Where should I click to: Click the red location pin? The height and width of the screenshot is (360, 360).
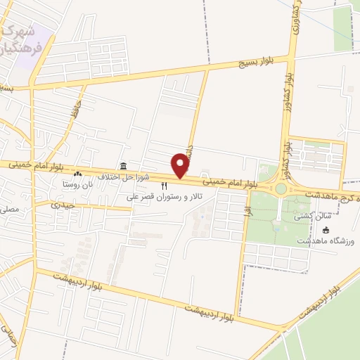tap(181, 166)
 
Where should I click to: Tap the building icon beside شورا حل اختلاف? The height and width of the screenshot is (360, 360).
tap(124, 166)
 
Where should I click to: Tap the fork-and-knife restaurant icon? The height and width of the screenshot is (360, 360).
tap(165, 186)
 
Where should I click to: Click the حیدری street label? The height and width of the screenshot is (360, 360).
tap(62, 205)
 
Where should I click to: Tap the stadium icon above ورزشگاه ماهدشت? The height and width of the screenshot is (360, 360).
tap(326, 229)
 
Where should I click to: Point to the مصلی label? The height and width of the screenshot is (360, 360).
tap(12, 209)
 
